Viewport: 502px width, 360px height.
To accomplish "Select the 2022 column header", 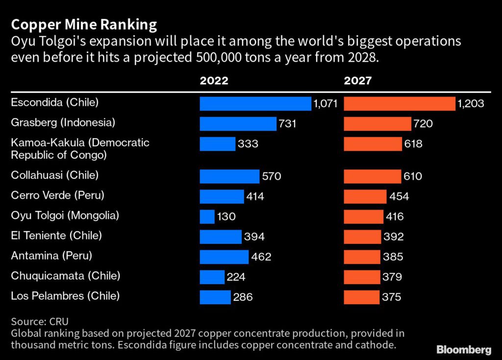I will (214, 81).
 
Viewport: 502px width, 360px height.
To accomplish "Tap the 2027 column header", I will (358, 81).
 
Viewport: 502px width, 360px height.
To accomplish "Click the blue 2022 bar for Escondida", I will (255, 104).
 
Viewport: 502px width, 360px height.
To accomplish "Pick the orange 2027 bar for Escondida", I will (400, 104).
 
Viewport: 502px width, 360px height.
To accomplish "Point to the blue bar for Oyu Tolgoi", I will (207, 216).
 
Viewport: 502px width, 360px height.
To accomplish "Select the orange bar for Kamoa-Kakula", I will (373, 144).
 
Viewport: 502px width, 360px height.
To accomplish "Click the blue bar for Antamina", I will (225, 257).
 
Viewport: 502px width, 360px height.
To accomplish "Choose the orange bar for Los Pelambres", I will (362, 297).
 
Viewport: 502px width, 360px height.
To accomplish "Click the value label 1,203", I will (471, 104).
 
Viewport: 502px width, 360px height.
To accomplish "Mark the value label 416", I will (394, 216).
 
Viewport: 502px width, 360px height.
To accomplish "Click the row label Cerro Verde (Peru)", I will (57, 195).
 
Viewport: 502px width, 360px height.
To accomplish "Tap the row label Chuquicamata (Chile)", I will (65, 276).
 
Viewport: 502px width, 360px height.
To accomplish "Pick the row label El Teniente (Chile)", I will (56, 236).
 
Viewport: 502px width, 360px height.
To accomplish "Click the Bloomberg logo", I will (464, 349).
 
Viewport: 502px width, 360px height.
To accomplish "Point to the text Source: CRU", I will (40, 322).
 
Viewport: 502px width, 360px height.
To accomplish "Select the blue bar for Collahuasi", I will (229, 176).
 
